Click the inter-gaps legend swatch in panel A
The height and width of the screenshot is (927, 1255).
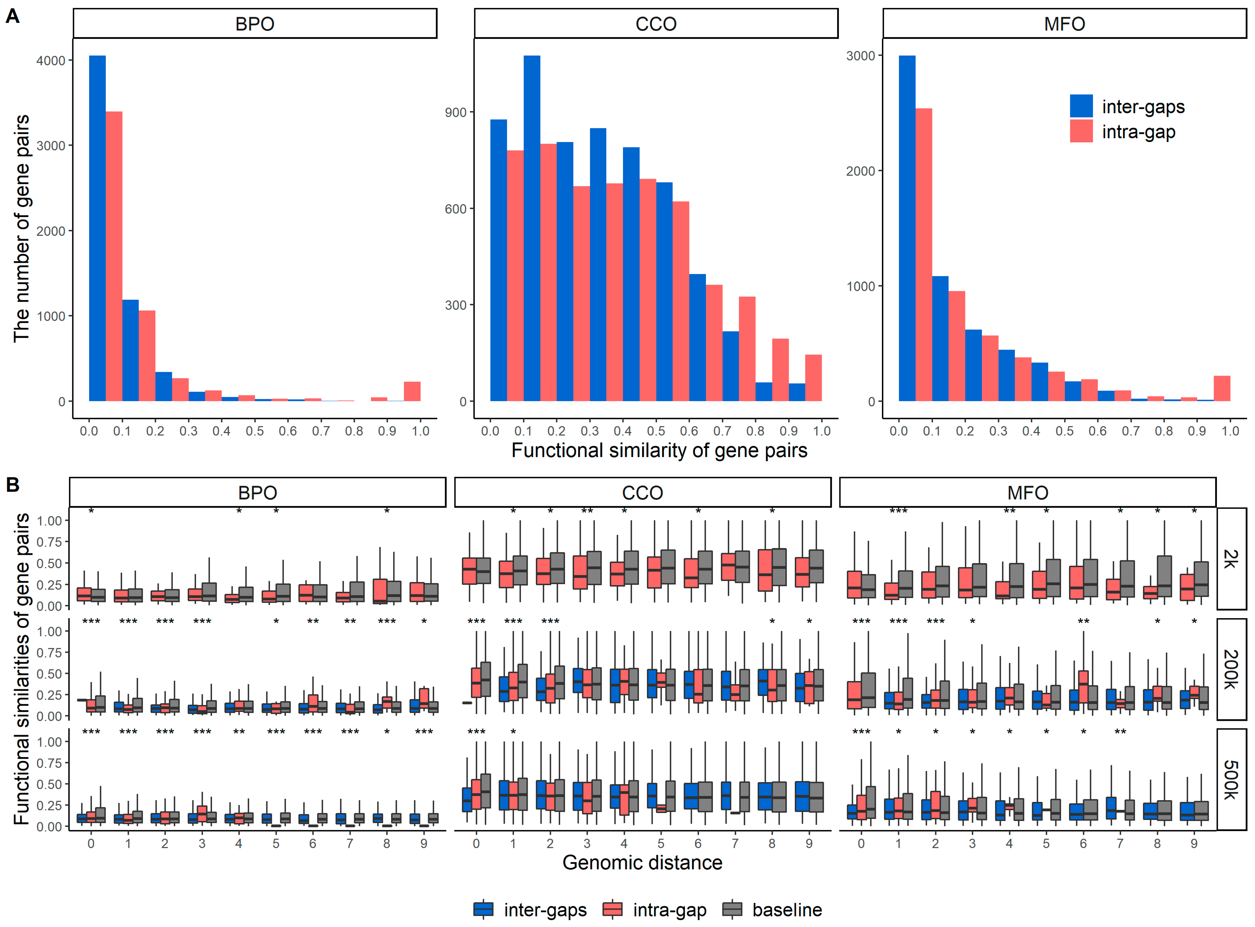(1081, 106)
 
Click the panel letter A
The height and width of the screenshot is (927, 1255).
(12, 17)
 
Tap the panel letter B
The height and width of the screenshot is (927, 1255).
(12, 484)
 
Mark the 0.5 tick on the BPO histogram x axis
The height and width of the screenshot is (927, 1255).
(254, 431)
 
